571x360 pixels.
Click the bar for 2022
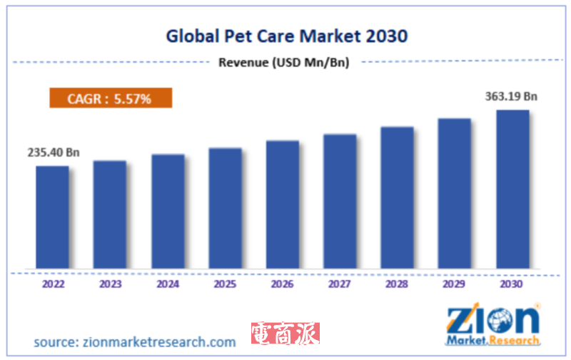pyautogui.click(x=53, y=217)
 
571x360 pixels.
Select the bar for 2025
pyautogui.click(x=225, y=208)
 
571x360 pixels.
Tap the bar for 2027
pyautogui.click(x=340, y=201)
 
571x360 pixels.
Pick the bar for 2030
pyautogui.click(x=512, y=189)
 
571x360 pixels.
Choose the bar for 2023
pyautogui.click(x=110, y=214)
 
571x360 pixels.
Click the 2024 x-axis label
pyautogui.click(x=168, y=284)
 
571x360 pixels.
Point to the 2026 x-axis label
pyautogui.click(x=283, y=284)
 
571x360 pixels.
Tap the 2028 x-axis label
pyautogui.click(x=397, y=284)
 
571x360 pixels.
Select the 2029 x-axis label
pyautogui.click(x=455, y=284)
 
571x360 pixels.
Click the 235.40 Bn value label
pyautogui.click(x=54, y=152)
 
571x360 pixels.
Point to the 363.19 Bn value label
pyautogui.click(x=511, y=96)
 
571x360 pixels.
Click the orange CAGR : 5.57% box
pyautogui.click(x=111, y=99)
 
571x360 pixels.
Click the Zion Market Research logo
pyautogui.click(x=492, y=325)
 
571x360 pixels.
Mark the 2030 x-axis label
pyautogui.click(x=512, y=284)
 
